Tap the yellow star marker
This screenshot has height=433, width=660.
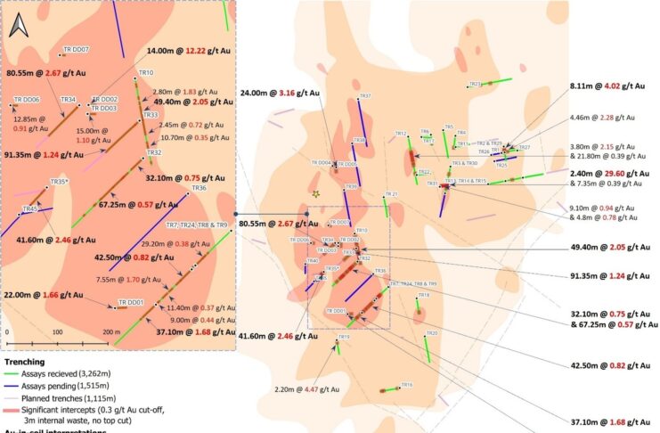(x=314, y=192)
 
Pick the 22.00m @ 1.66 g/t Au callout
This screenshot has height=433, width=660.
(x=45, y=294)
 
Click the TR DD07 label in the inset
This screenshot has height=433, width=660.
(x=75, y=49)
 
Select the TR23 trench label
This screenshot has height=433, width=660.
(x=475, y=84)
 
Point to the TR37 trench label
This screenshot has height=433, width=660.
(x=364, y=95)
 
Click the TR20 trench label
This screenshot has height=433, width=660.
(x=432, y=333)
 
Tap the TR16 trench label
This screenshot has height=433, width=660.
(x=406, y=384)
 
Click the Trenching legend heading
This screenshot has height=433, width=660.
(x=29, y=363)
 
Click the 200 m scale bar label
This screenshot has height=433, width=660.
(x=110, y=331)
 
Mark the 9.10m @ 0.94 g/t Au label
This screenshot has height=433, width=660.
(x=603, y=207)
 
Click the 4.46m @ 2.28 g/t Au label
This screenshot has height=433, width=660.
(x=602, y=117)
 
